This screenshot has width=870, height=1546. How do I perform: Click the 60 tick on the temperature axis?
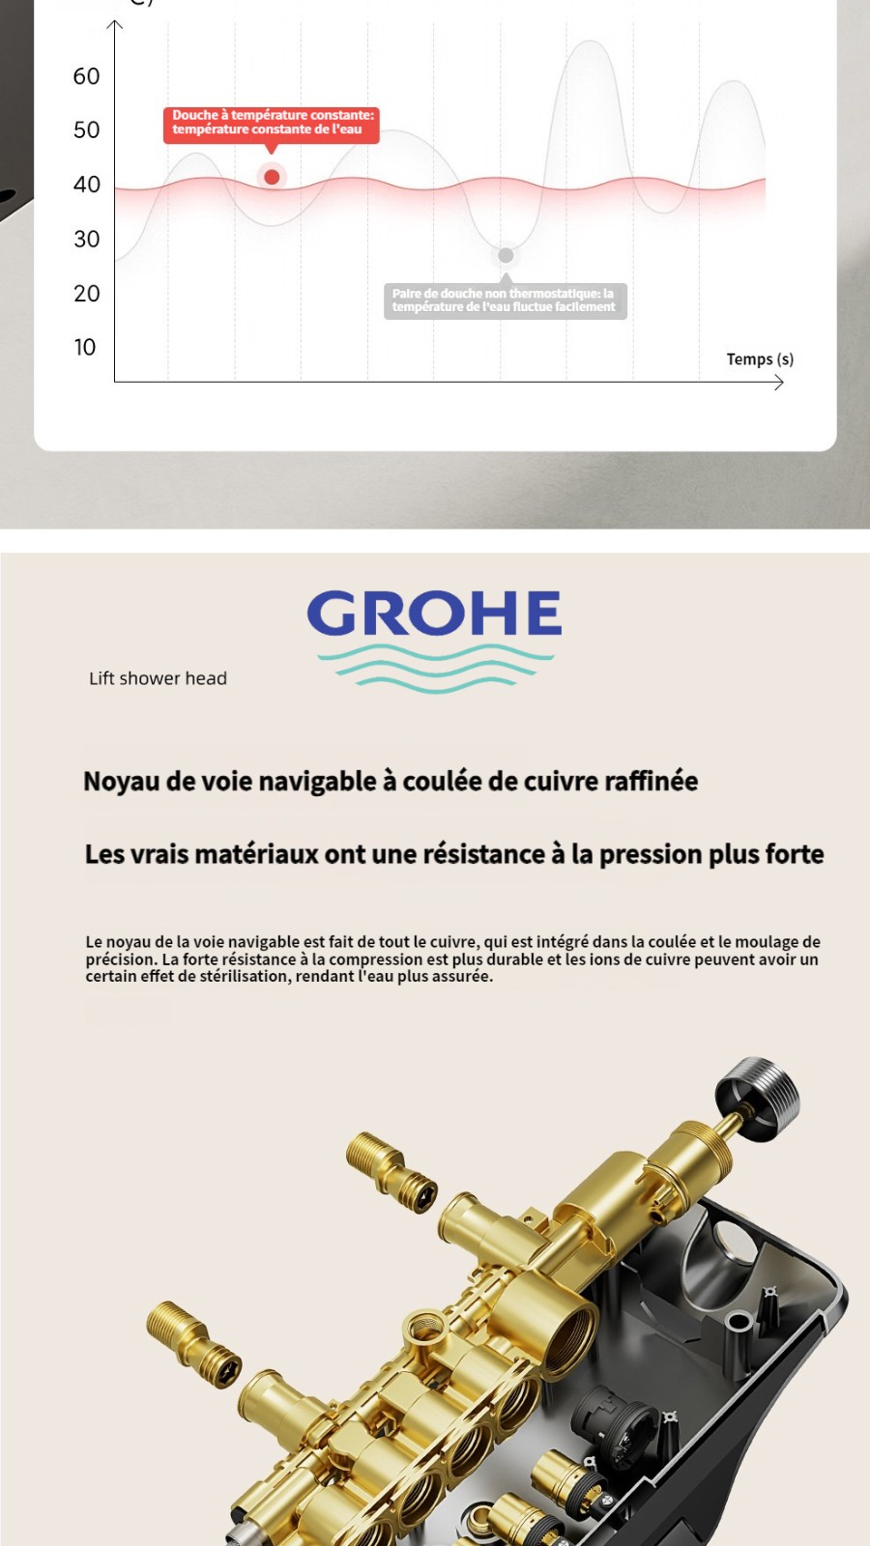click(86, 76)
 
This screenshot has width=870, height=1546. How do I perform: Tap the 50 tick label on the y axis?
click(86, 130)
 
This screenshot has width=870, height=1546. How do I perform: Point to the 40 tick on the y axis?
click(86, 185)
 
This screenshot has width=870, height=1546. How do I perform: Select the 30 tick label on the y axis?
click(86, 240)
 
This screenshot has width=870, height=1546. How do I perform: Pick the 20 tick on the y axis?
click(86, 294)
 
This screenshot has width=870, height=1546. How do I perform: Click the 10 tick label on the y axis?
click(85, 348)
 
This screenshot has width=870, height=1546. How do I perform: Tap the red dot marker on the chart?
click(272, 177)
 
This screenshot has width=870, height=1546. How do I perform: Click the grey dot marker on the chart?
click(505, 255)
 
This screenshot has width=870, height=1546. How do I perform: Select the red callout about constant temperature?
click(271, 123)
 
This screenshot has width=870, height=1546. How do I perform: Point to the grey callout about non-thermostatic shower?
click(505, 301)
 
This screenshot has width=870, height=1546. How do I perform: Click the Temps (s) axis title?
click(760, 359)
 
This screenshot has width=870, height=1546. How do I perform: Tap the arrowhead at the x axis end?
click(779, 383)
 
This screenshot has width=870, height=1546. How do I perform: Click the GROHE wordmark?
click(434, 615)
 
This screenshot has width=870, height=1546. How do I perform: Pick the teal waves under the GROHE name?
click(434, 669)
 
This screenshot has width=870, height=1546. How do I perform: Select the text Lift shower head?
click(158, 678)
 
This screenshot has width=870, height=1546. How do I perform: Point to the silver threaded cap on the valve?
click(759, 1098)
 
